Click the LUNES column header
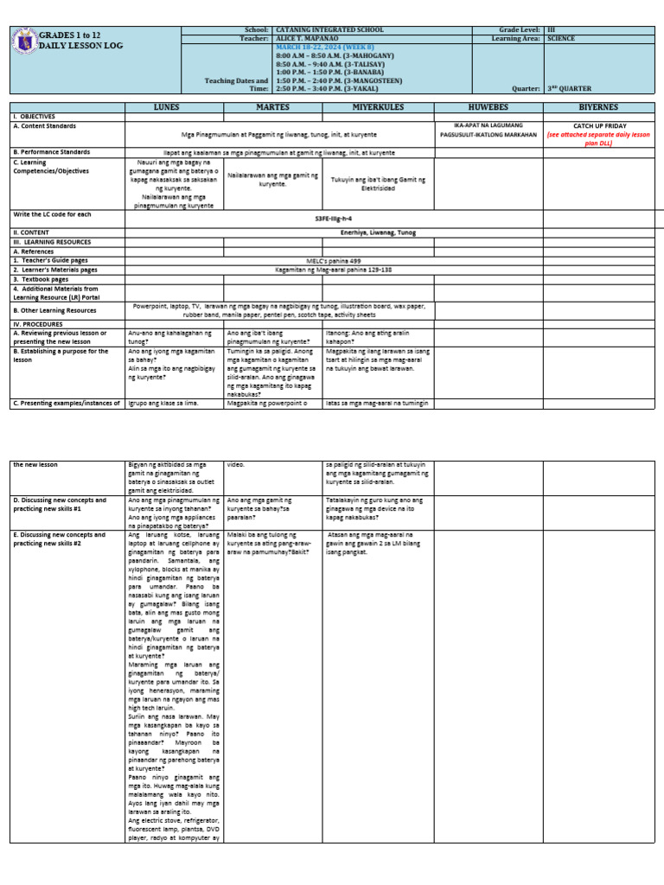[167, 107]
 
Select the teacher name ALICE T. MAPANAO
[307, 38]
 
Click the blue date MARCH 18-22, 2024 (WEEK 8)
[322, 47]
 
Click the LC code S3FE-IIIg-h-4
[333, 220]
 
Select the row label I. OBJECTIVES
[35, 116]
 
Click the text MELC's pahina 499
[334, 260]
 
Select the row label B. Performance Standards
[53, 152]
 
